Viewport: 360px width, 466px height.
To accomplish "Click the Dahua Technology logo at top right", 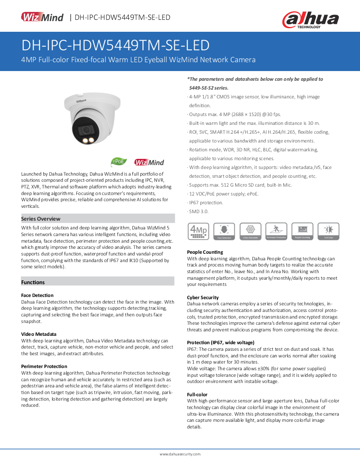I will pos(310,20).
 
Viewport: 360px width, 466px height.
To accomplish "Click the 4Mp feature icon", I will pos(198,231).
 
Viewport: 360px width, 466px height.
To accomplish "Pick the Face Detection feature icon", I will pos(224,231).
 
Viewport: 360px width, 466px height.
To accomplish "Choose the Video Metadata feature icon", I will pos(251,231).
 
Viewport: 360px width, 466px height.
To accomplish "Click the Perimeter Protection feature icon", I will pos(276,231).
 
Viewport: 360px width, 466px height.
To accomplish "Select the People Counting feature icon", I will pos(303,231).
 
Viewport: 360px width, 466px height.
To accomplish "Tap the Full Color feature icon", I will pos(329,231).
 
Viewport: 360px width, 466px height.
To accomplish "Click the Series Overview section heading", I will pos(41,218).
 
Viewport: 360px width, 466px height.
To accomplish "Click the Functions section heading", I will pos(33,282).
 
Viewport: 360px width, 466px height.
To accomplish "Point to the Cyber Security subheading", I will pos(202,297).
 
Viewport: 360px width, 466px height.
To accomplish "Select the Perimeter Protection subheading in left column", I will pos(44,366).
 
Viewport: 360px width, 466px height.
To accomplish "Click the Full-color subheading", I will pos(197,395).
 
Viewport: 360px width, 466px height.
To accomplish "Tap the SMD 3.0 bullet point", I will pos(199,211).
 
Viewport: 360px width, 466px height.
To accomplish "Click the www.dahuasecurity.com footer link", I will pos(180,454).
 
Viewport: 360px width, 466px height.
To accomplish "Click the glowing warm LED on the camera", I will pos(82,140).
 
